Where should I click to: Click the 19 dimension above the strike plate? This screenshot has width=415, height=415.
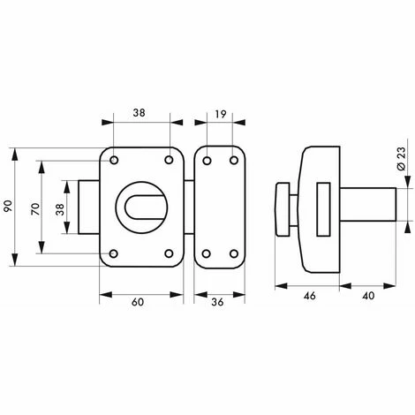[220, 114]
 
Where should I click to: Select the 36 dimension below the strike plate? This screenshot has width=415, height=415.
[220, 303]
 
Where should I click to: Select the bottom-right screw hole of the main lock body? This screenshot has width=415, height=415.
[170, 256]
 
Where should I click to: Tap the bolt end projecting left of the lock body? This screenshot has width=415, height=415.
[90, 209]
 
